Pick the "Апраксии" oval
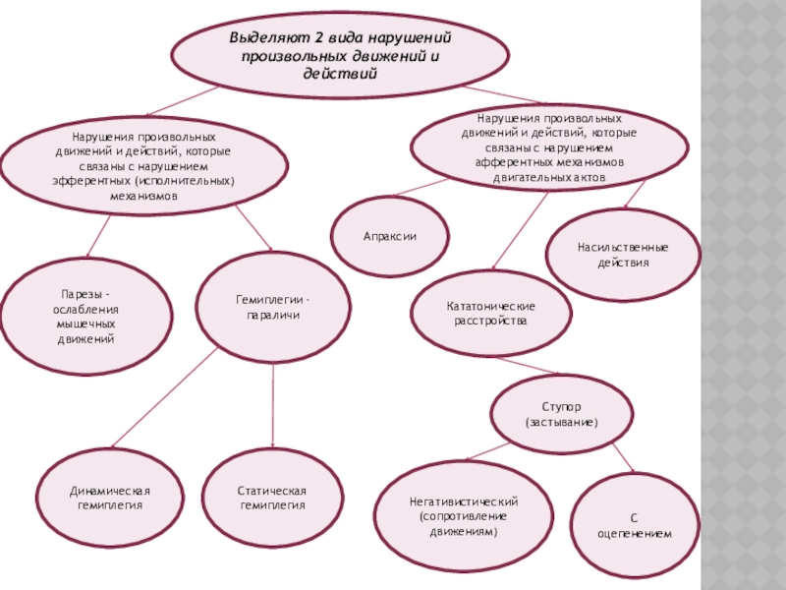pos(390,237)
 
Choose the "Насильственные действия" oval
pos(622,255)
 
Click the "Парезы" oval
pos(84,316)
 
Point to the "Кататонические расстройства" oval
pos(490,313)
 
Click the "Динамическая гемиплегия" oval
pos(110,497)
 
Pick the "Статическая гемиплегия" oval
pos(272,497)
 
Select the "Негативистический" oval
pos(463,515)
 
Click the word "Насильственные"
pos(623,247)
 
